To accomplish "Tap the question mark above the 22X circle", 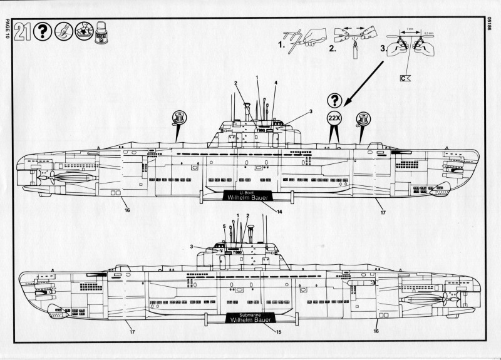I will (x=335, y=100).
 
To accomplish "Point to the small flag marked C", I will (x=405, y=78).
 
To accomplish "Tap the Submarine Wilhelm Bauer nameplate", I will (x=249, y=318).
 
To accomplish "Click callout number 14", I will (x=279, y=212).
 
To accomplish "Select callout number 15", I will (x=279, y=331).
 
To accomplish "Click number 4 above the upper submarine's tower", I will (x=276, y=83).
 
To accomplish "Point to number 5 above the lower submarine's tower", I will (x=224, y=225).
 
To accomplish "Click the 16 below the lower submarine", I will (x=376, y=331).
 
